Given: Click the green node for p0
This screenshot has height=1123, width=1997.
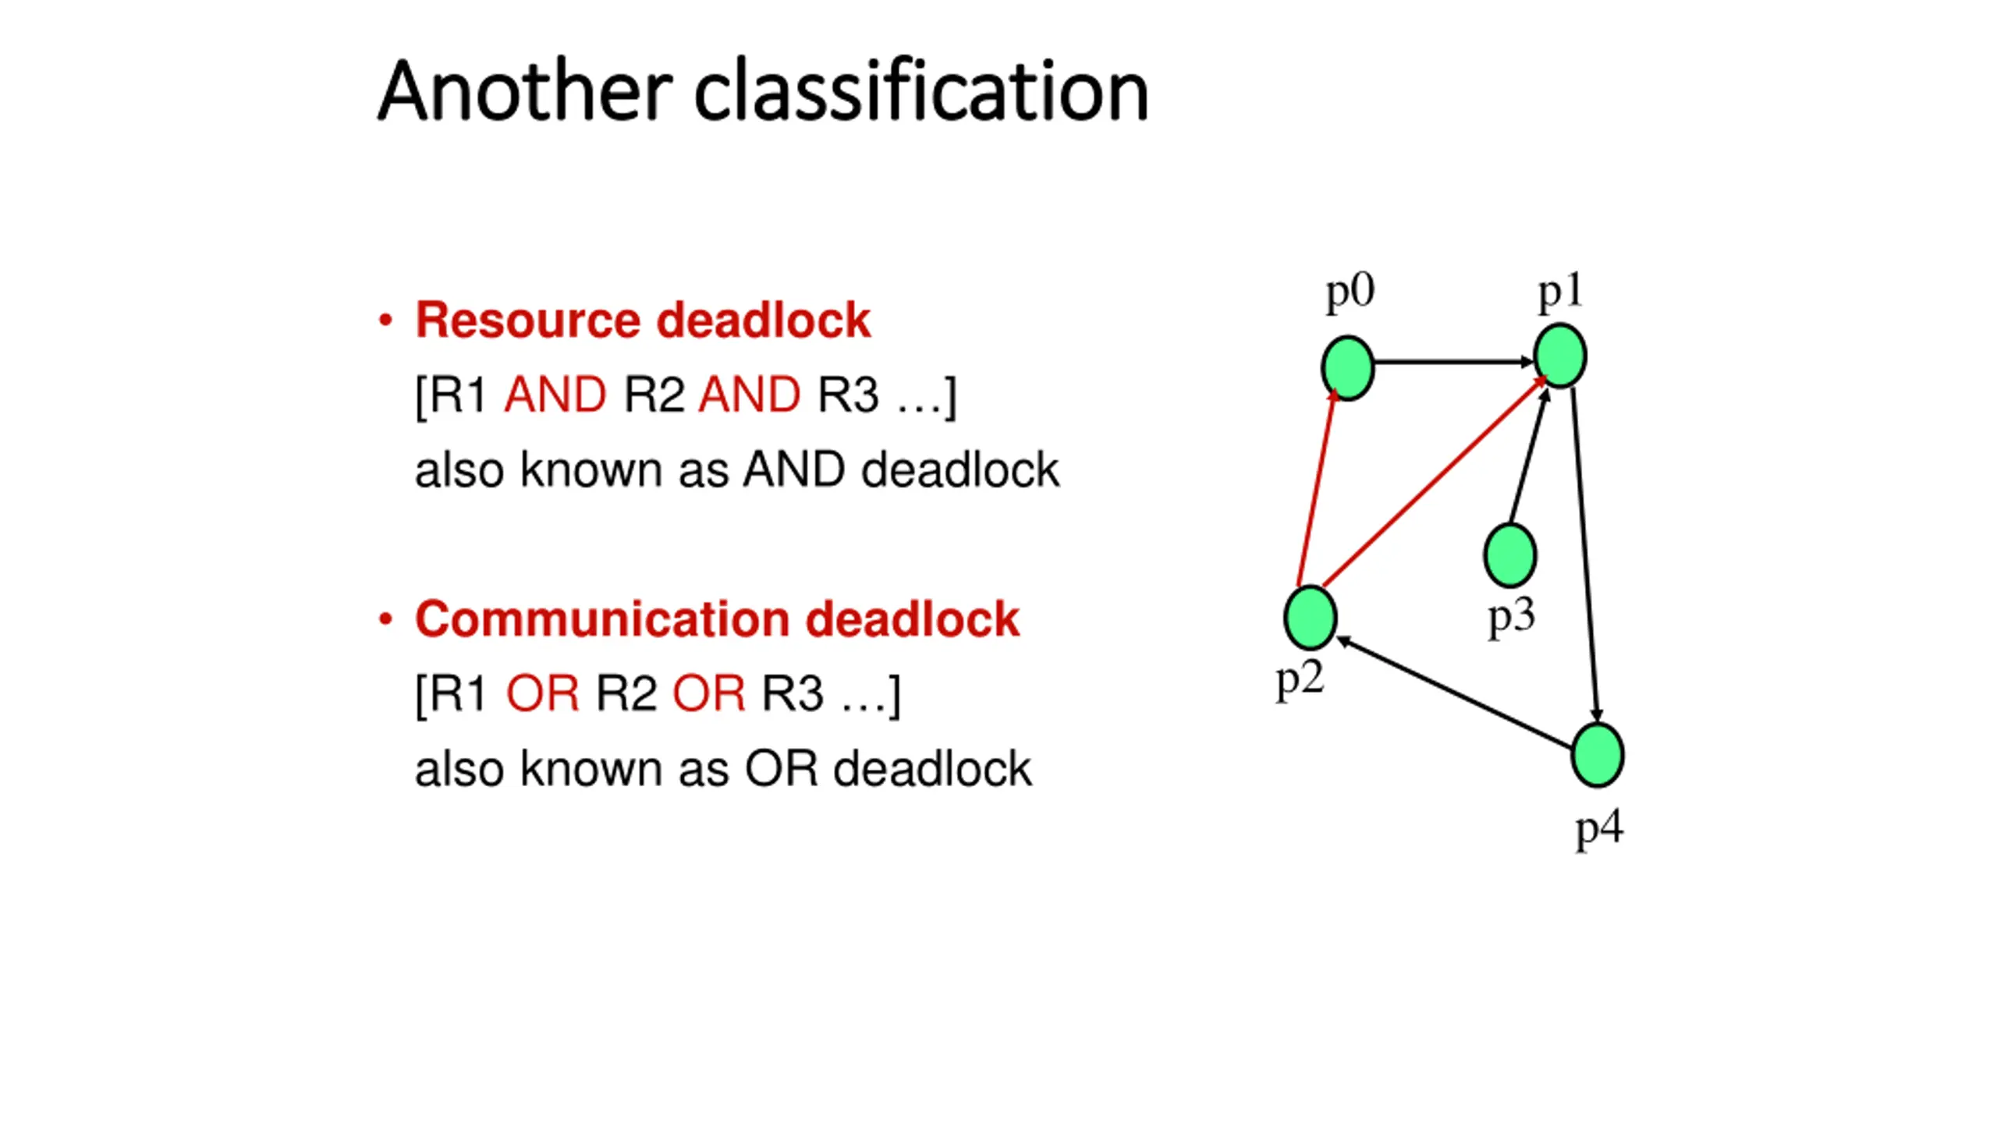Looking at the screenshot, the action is click(x=1348, y=368).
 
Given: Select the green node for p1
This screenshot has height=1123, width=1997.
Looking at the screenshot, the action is click(x=1560, y=356).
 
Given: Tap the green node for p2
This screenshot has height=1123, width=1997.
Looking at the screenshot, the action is click(x=1311, y=618).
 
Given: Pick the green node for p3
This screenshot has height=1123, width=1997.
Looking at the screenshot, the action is click(x=1510, y=555).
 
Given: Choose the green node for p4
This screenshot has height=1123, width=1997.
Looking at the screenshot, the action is click(x=1598, y=755).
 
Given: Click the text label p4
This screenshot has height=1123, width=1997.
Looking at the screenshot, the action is click(x=1599, y=828).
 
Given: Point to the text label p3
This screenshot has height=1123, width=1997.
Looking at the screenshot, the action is click(x=1512, y=616).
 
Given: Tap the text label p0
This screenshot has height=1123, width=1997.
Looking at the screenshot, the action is click(x=1350, y=293).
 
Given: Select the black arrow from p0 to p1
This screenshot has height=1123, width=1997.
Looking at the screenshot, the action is click(x=1454, y=362).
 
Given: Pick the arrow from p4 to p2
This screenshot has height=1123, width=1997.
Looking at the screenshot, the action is click(x=1454, y=693).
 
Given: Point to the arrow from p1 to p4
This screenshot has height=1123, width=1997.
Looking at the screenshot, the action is click(x=1585, y=555).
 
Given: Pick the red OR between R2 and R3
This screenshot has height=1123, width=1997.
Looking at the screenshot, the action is click(x=709, y=693).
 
